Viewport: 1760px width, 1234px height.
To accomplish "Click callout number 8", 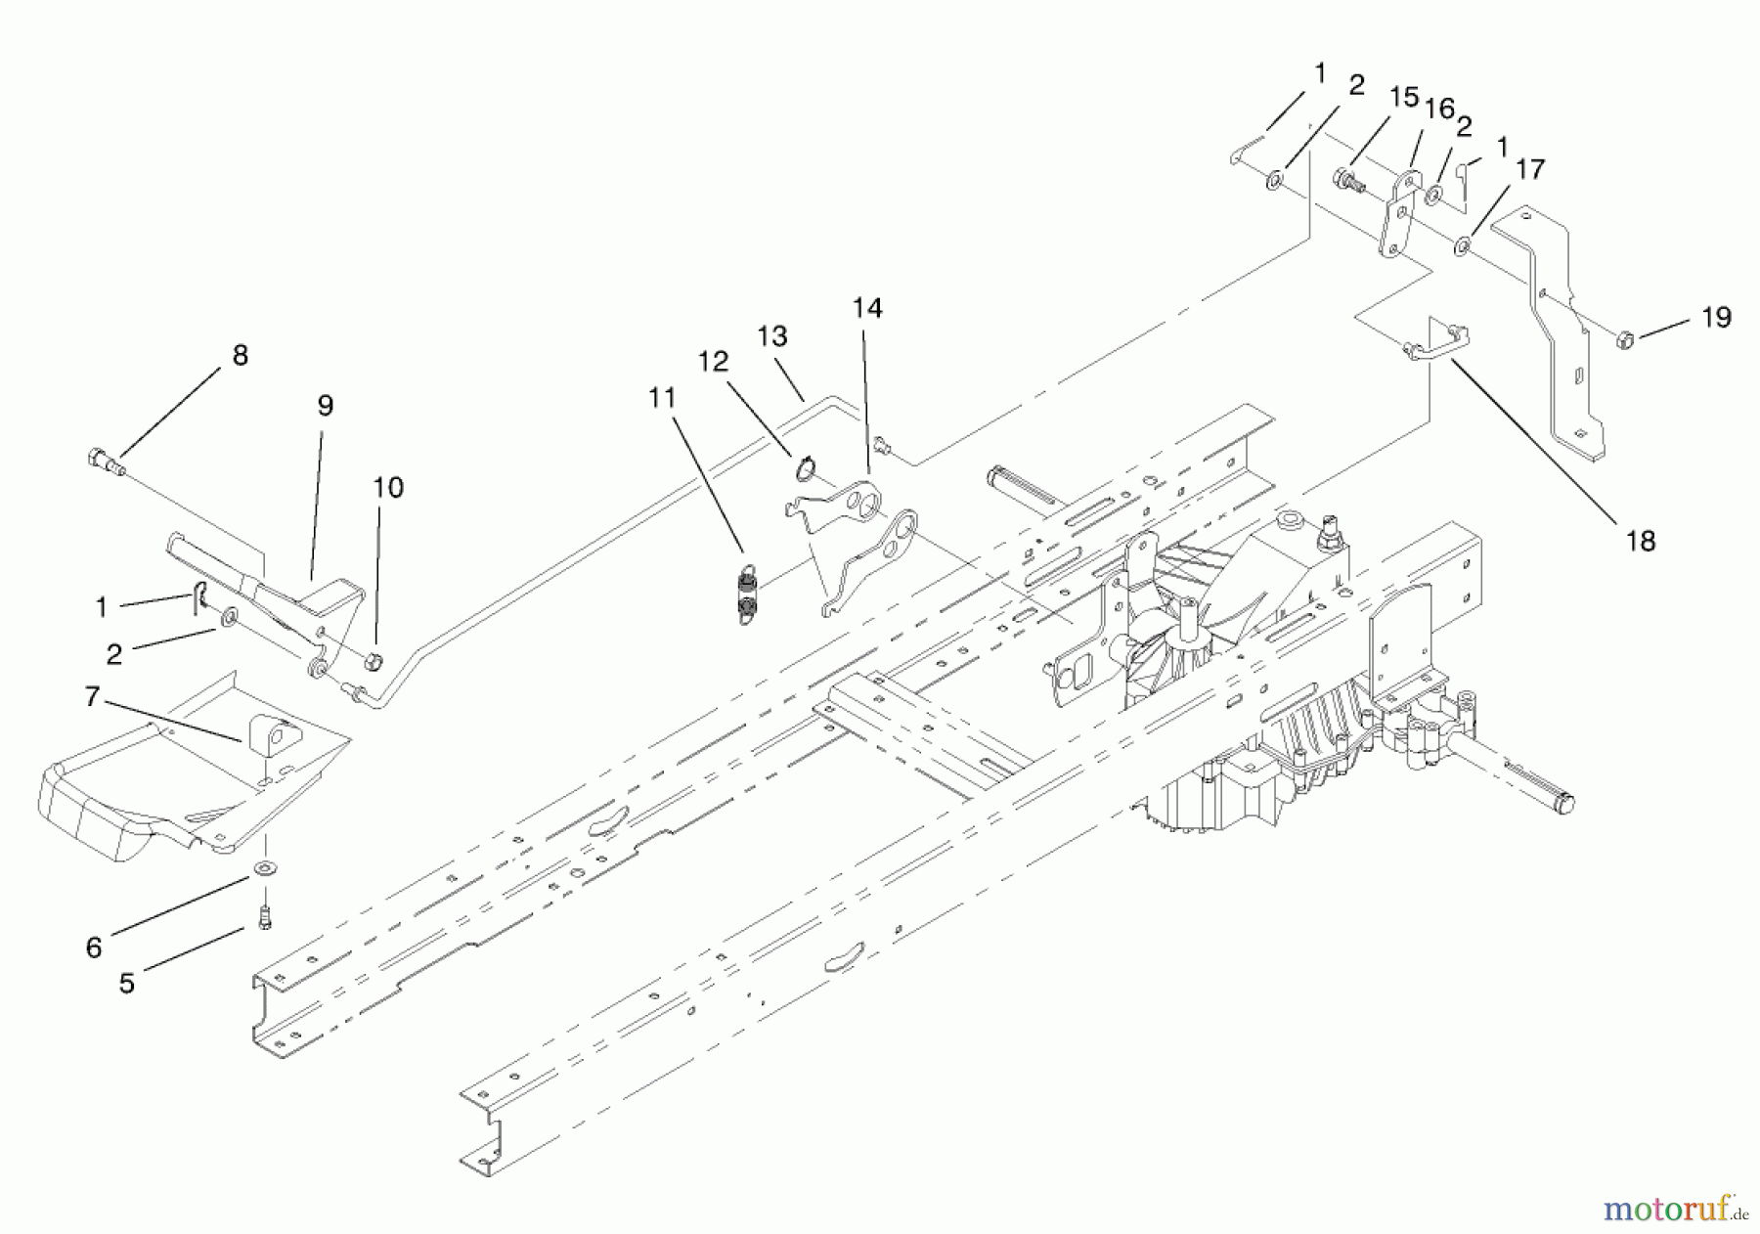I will point(241,356).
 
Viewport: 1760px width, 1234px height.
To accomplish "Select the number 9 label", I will point(325,406).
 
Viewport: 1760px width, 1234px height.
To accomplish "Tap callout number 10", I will point(388,488).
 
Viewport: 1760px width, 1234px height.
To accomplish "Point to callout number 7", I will point(93,697).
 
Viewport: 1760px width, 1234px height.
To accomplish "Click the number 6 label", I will point(94,948).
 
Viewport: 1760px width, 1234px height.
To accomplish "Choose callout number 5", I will point(127,984).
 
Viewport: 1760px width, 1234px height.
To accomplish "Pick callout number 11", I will point(662,398).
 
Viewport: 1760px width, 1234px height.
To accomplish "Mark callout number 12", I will point(713,362).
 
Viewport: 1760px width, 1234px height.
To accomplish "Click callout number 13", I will point(772,336).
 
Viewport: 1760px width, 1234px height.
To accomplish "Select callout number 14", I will point(866,309).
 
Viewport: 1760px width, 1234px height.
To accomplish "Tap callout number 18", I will point(1641,541).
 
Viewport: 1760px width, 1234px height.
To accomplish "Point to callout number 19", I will point(1716,318).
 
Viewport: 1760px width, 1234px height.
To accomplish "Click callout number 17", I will point(1530,169).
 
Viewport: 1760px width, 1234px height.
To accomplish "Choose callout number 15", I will point(1404,98).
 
